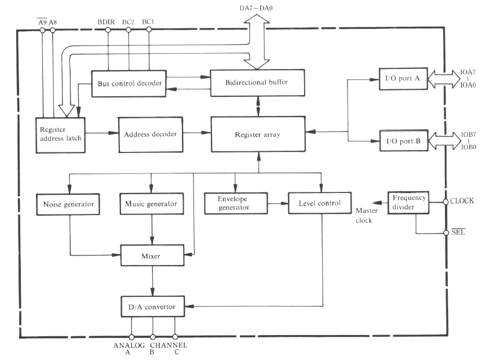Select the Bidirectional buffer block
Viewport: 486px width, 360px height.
click(257, 83)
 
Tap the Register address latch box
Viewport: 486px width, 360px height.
click(61, 134)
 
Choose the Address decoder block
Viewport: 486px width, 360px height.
click(150, 134)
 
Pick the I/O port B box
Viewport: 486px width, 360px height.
click(403, 141)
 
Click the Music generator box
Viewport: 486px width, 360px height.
click(151, 204)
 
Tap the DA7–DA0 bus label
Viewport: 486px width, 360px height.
click(256, 9)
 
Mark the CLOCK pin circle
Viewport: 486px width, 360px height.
click(445, 202)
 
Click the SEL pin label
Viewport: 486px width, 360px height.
click(458, 232)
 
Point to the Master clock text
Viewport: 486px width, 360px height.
click(367, 214)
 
